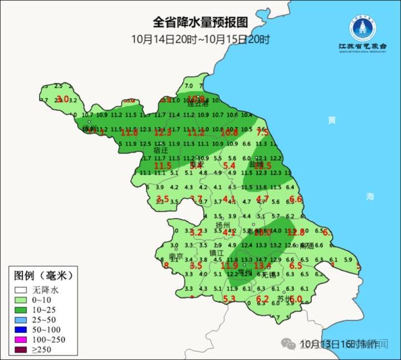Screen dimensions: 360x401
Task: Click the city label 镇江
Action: tap(217, 252)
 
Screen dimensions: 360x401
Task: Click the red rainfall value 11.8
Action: tap(129, 133)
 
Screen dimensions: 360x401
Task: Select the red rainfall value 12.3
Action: tap(162, 133)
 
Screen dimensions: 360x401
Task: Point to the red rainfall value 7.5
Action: tap(262, 133)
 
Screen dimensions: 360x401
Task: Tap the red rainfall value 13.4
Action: tap(262, 266)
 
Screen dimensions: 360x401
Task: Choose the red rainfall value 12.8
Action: tap(296, 232)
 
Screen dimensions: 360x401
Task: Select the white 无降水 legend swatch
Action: tap(21, 290)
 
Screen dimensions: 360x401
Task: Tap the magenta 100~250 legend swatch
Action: tap(21, 339)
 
